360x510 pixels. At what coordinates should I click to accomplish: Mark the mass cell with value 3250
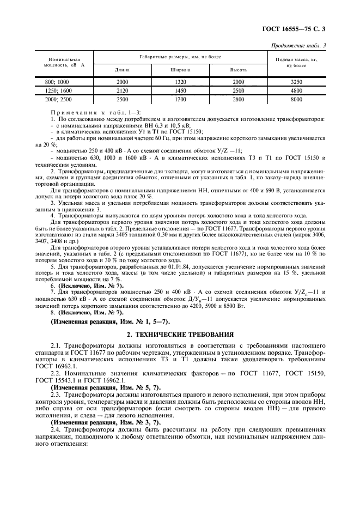296,81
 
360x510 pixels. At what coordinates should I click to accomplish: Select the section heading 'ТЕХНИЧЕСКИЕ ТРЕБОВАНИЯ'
186,333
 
